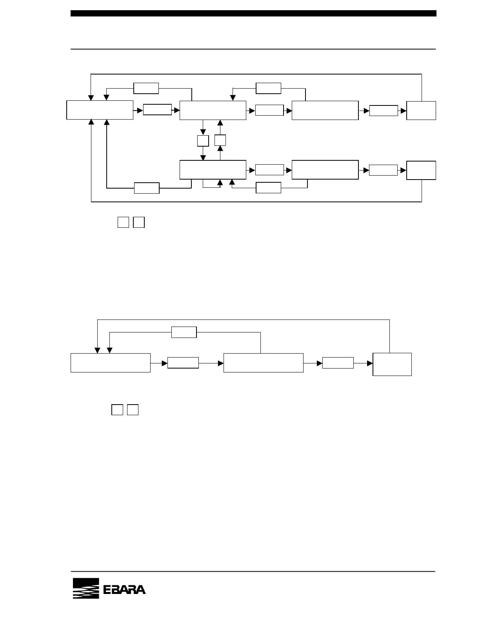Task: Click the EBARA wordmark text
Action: tap(124, 590)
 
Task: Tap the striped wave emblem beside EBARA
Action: tap(86, 588)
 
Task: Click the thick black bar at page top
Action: tap(253, 13)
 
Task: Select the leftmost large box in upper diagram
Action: tap(100, 110)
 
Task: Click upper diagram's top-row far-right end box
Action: tap(421, 110)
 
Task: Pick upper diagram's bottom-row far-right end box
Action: tap(421, 170)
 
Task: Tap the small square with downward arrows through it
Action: tap(203, 141)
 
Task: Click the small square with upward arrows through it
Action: tap(220, 140)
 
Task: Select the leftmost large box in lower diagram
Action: tap(111, 363)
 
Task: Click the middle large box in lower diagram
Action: tap(263, 363)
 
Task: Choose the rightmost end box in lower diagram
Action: tap(392, 364)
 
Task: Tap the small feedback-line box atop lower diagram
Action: tap(184, 332)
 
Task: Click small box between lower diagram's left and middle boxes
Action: tap(183, 363)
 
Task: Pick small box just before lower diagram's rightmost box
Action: tap(338, 363)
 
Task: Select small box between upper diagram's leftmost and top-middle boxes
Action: tap(157, 110)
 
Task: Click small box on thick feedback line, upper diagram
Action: tap(147, 188)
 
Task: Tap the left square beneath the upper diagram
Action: tap(123, 222)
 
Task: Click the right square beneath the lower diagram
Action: tap(133, 410)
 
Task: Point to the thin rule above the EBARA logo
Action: tap(253, 571)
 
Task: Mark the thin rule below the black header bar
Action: tap(253, 49)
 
